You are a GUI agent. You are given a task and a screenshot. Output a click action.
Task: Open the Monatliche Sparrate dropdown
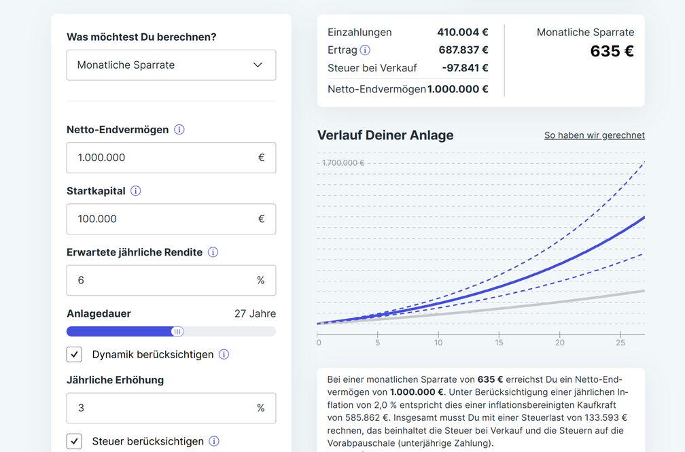pos(171,65)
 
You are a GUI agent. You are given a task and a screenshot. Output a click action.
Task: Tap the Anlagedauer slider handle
pos(177,332)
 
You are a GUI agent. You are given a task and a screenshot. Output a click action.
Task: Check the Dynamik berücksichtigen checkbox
pos(75,354)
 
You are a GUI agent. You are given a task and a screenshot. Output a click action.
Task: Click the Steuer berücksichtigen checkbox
pos(75,441)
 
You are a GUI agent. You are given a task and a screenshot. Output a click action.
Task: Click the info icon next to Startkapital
pos(136,191)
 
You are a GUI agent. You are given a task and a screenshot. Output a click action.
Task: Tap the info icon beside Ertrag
pos(365,50)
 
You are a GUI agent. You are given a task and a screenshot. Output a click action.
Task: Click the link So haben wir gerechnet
pos(594,135)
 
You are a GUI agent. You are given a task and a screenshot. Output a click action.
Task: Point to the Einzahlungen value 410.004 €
pos(462,32)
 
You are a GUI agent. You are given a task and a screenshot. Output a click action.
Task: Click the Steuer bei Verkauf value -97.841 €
pos(465,68)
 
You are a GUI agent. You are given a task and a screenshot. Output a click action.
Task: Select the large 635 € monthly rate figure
pos(612,52)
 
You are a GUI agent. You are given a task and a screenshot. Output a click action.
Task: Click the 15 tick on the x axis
pos(499,343)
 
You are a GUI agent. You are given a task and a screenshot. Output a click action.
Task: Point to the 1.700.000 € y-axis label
pos(342,162)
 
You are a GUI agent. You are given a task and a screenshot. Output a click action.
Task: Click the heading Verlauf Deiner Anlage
pos(385,135)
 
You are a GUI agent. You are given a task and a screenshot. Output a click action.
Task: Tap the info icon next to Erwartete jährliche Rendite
pos(213,252)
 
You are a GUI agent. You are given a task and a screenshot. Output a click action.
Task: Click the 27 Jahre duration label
pos(255,313)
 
